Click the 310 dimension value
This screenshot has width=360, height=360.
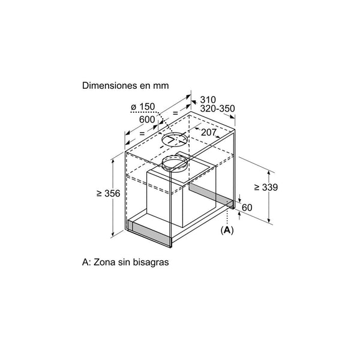(208, 100)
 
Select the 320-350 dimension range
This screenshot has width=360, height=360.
(217, 109)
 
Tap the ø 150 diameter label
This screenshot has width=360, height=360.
(143, 107)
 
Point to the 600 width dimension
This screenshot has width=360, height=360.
(147, 119)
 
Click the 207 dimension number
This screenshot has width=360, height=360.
(209, 132)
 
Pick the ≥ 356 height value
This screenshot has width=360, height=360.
(109, 194)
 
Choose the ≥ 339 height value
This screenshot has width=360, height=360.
(266, 187)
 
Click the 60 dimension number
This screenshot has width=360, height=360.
(247, 208)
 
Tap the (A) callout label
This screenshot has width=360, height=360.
(227, 230)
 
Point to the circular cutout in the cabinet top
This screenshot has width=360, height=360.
(175, 139)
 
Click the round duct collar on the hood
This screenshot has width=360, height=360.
(175, 163)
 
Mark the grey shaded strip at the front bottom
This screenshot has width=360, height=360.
(149, 233)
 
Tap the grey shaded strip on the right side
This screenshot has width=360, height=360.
(211, 194)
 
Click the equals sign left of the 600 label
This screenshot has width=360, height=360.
(142, 133)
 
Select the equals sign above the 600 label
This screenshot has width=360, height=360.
(175, 113)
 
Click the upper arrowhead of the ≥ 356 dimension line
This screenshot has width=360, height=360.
(113, 160)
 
